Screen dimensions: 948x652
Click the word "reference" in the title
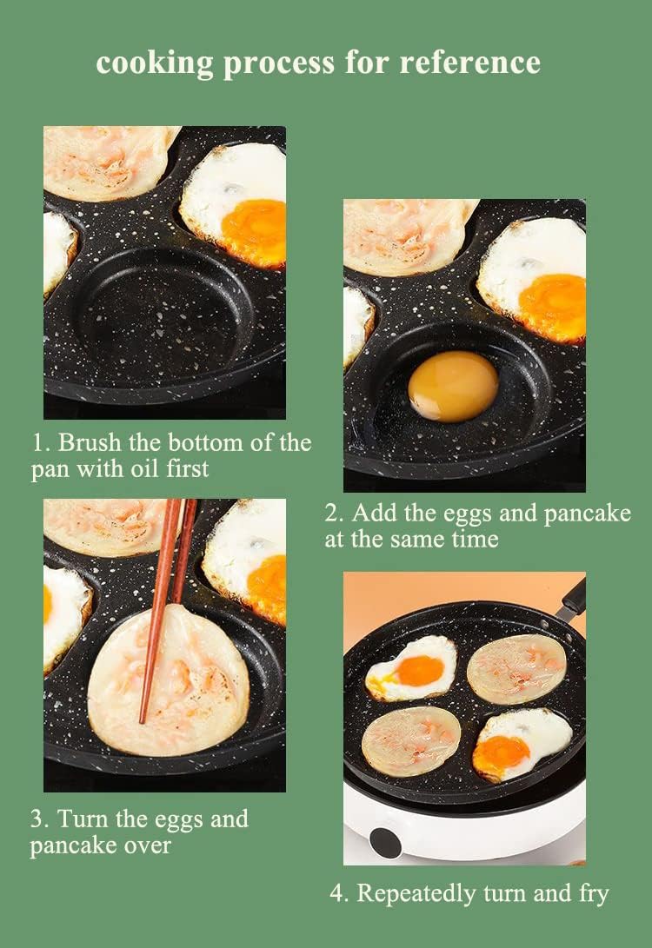[x=469, y=63]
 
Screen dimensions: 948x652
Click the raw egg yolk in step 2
[x=453, y=387]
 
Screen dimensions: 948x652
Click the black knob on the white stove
[x=385, y=842]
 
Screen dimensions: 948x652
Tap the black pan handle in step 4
[x=572, y=599]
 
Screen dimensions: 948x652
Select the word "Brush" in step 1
[x=90, y=442]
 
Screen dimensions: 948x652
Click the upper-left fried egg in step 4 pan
[x=412, y=668]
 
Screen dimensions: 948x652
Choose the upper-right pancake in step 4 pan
[x=516, y=667]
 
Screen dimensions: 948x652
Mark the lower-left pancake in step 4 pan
[x=411, y=741]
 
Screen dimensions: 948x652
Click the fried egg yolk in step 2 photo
[x=553, y=306]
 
